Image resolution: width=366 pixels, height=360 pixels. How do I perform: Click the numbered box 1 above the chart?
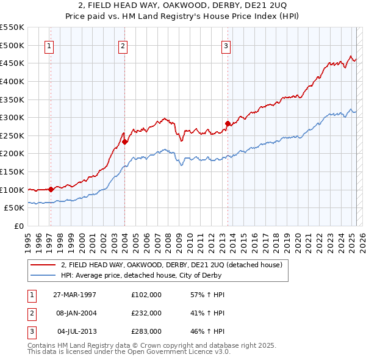coord(49,45)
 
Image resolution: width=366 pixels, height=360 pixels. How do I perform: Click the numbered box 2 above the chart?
coord(123,45)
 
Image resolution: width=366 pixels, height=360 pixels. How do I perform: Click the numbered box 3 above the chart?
coord(226,45)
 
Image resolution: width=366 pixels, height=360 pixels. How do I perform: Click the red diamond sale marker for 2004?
coord(124,142)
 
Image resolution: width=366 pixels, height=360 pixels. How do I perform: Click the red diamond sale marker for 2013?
coord(228,123)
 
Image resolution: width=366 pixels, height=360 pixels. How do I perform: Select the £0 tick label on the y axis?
coord(18,226)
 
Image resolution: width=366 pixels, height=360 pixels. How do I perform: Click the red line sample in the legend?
coord(43,265)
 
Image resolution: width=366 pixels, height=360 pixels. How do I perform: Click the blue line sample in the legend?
coord(43,275)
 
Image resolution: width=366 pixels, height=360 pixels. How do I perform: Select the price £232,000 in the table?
coord(146,313)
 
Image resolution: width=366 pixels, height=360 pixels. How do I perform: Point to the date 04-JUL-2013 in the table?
coord(76,331)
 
